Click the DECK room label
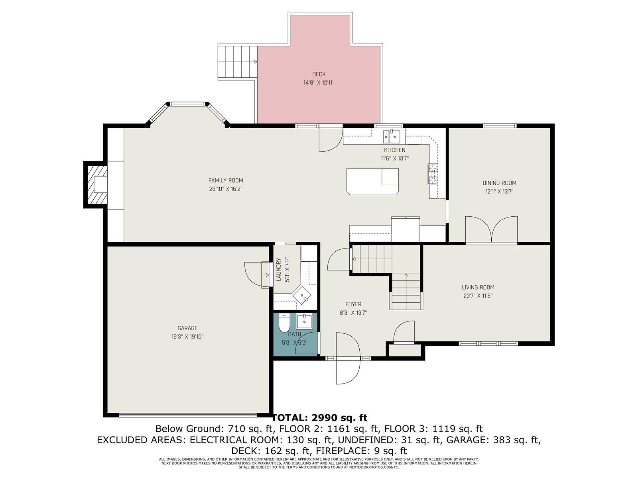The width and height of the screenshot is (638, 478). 319,74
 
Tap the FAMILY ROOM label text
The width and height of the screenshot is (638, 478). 226,180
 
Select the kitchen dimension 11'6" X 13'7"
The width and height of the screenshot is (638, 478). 394,158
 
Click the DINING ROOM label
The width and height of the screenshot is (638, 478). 499,183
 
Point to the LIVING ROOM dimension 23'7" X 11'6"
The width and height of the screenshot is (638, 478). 478,296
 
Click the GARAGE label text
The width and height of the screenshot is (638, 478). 187,328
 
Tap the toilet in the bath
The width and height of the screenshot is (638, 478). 284,323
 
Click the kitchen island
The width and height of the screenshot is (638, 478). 372,181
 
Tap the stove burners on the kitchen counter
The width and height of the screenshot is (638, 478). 433,174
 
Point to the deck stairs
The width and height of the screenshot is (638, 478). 237,62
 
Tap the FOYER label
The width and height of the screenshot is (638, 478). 353,304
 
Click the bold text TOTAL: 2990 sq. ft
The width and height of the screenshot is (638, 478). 319,418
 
